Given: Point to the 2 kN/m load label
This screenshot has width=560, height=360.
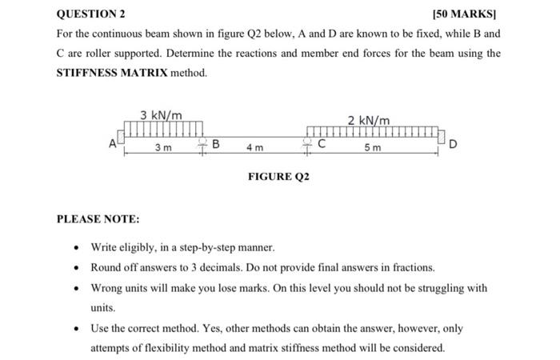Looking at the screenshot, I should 369,120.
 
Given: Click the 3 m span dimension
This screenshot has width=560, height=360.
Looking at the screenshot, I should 162,148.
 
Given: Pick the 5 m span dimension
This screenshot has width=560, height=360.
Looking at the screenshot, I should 373,149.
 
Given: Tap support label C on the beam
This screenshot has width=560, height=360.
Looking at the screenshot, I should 321,145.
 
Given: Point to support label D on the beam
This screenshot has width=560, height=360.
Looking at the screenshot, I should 454,145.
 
